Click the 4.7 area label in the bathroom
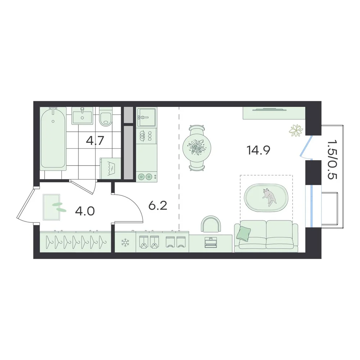pos(95,141)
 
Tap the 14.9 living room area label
pos(258,150)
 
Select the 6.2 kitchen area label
pos(158,206)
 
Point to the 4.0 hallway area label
pos(85,211)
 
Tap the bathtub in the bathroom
pos(53,139)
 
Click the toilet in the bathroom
pos(105,116)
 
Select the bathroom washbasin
pos(82,116)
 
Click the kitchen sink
pos(147,117)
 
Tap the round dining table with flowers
pos(197,148)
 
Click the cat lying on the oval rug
pos(269,197)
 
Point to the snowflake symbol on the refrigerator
pos(125,242)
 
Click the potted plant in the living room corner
pos(296,131)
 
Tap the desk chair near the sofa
pos(211,224)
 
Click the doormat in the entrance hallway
pos(51,207)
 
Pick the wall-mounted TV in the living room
pos(270,109)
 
